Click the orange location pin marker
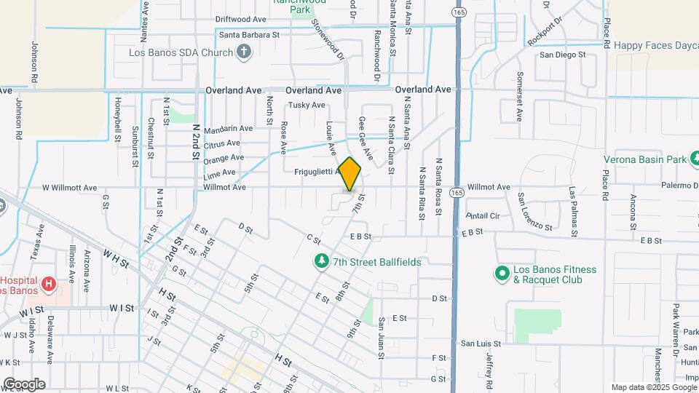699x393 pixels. point(350,174)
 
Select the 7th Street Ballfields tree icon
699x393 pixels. point(320,261)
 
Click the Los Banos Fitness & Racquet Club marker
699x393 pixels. point(501,274)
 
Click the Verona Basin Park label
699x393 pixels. point(645,159)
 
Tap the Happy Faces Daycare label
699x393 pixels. point(655,45)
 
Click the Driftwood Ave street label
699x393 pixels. point(240,19)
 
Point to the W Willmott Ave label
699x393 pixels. point(69,188)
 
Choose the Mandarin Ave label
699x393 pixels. point(228,129)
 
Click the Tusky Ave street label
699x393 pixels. point(307,105)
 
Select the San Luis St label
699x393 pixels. point(481,343)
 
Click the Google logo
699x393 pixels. point(23,384)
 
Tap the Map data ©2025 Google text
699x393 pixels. point(652,387)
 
